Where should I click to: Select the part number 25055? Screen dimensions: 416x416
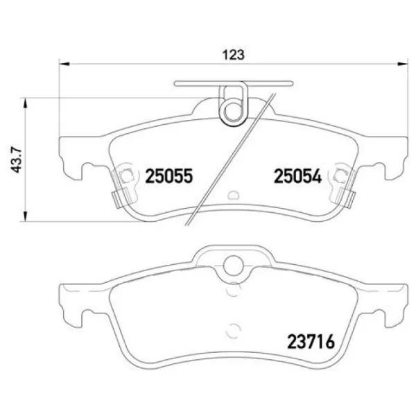pyautogui.click(x=168, y=177)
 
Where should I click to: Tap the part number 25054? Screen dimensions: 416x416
pyautogui.click(x=295, y=177)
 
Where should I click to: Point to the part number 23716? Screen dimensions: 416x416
pyautogui.click(x=311, y=342)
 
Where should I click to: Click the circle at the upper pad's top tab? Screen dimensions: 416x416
pyautogui.click(x=234, y=110)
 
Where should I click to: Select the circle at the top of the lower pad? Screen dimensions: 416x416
pyautogui.click(x=234, y=264)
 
